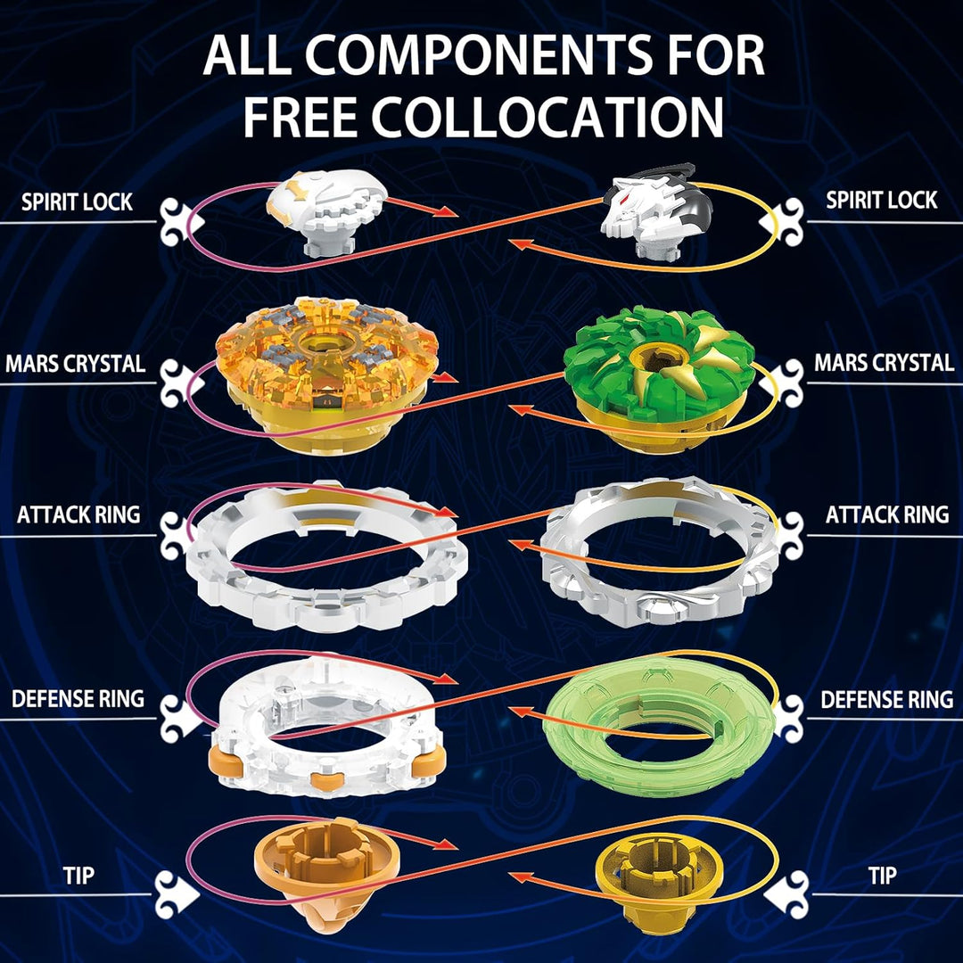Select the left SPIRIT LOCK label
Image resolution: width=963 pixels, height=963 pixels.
click(x=77, y=202)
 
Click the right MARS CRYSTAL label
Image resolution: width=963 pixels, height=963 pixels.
click(x=884, y=362)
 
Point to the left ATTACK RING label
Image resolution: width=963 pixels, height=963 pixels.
click(x=78, y=514)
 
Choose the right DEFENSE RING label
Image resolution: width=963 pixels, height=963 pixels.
click(x=886, y=700)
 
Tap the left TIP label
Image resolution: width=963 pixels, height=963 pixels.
click(x=78, y=876)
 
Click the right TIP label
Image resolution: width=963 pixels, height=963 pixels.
click(x=882, y=876)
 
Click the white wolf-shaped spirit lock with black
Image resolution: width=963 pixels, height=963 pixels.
click(x=656, y=210)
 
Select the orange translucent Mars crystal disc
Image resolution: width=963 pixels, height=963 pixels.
click(x=326, y=374)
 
